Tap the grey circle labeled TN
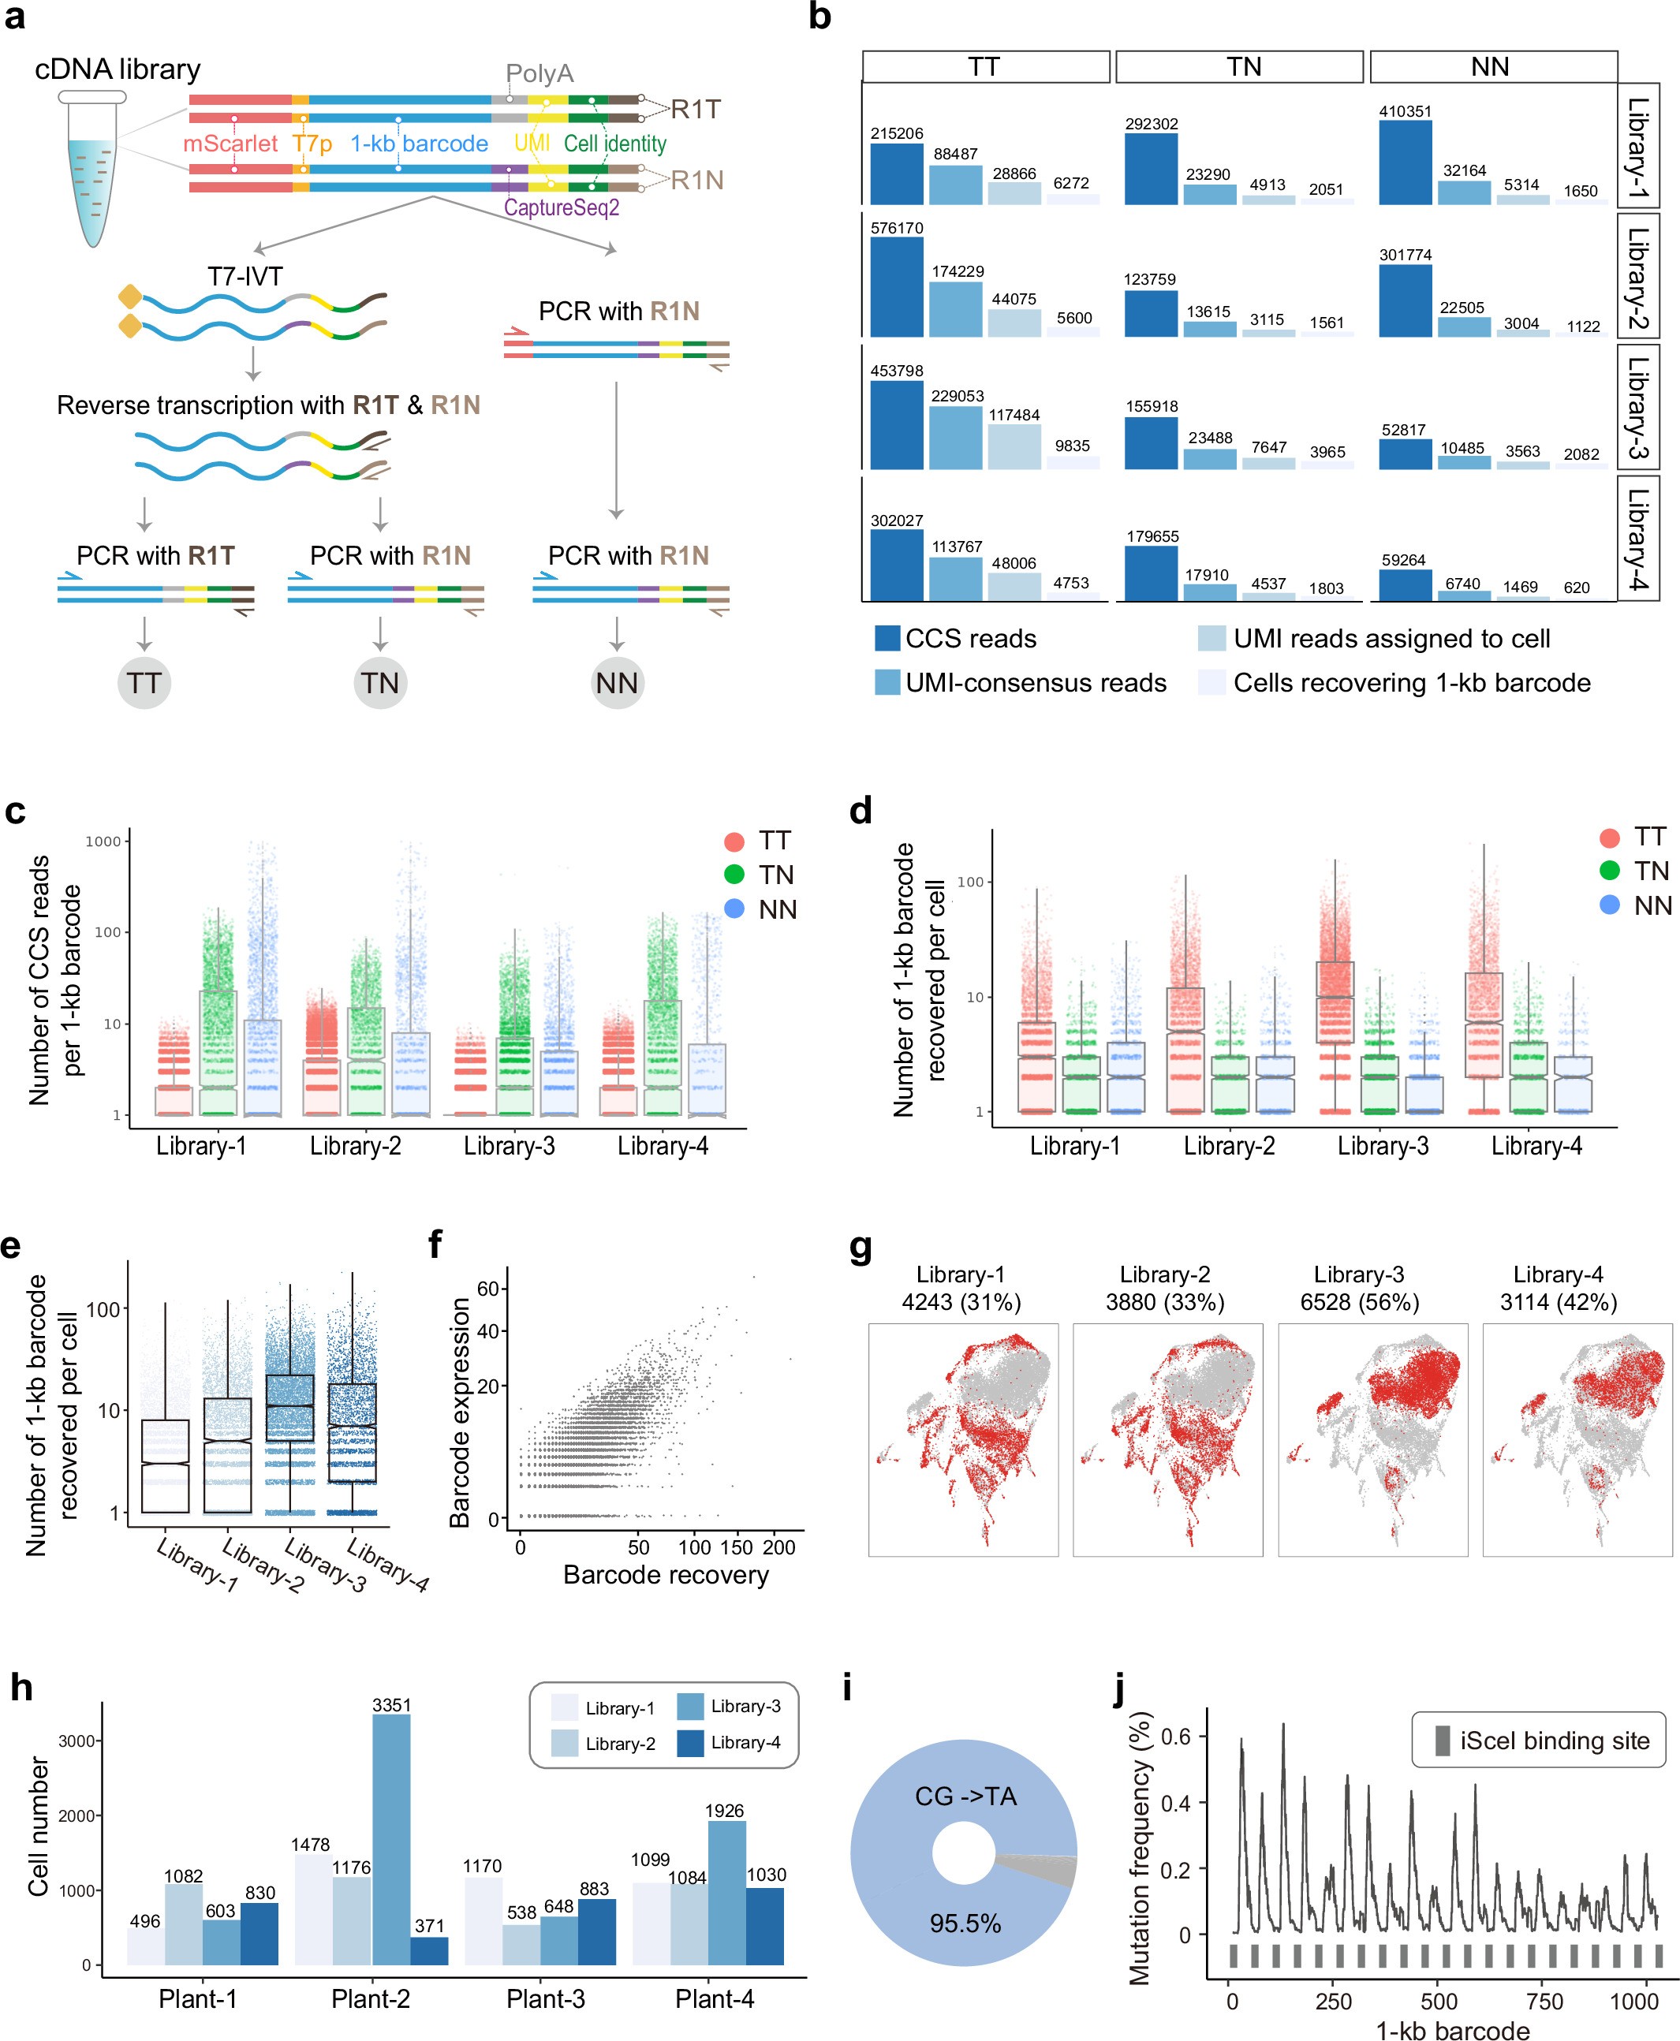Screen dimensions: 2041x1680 pyautogui.click(x=380, y=683)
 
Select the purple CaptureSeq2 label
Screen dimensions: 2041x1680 pyautogui.click(x=562, y=208)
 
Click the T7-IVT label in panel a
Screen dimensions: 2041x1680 pyautogui.click(x=245, y=277)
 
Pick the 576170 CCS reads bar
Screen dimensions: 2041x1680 pyautogui.click(x=896, y=287)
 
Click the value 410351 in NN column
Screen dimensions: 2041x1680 pyautogui.click(x=1404, y=111)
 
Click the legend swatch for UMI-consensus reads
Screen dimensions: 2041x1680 pyautogui.click(x=887, y=682)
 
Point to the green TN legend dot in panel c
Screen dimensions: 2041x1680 pyautogui.click(x=734, y=875)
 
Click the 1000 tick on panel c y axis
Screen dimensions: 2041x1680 pyautogui.click(x=103, y=841)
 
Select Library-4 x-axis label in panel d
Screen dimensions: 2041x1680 pyautogui.click(x=1536, y=1146)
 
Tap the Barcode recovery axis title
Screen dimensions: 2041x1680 pyautogui.click(x=666, y=1576)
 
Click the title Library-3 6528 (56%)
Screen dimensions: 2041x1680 pyautogui.click(x=1359, y=1288)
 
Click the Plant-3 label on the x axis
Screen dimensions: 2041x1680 pyautogui.click(x=545, y=1999)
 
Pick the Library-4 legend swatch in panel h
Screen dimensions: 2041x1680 pyautogui.click(x=690, y=1743)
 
